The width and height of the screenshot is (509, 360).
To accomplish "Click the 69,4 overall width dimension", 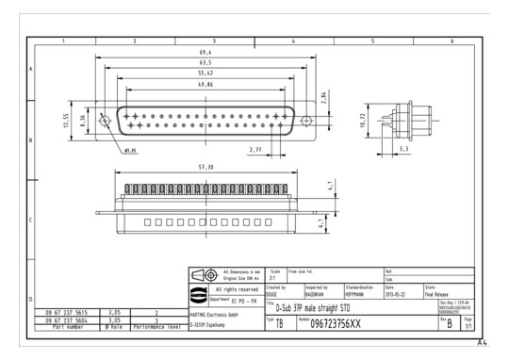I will tap(205, 53).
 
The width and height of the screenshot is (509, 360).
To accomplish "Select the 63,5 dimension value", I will tap(205, 62).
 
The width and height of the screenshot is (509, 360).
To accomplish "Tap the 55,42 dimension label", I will tap(205, 73).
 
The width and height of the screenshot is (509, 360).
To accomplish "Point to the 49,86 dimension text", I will tap(205, 84).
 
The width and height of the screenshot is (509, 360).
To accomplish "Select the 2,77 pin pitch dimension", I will tap(255, 150).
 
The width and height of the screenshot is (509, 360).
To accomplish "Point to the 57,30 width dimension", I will tap(205, 167).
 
